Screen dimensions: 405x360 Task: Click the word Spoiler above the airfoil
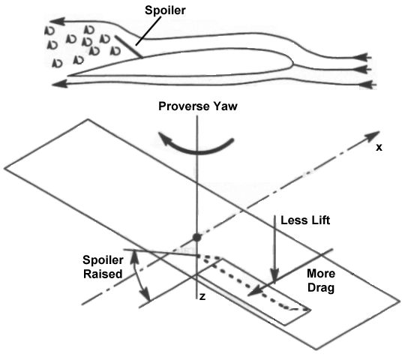coord(165,10)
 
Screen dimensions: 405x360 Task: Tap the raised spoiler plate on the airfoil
coord(129,46)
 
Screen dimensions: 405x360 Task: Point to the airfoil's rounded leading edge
coord(292,62)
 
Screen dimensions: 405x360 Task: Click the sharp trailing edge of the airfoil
coord(69,76)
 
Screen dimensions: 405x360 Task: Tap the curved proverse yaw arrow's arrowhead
coord(165,139)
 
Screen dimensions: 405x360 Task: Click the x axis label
coord(379,148)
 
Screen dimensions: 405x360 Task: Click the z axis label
coord(202,297)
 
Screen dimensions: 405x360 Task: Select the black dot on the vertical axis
coord(197,237)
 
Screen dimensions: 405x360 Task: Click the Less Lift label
coord(305,220)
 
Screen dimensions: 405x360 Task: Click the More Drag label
coord(321,280)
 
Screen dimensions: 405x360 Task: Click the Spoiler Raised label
coord(103,267)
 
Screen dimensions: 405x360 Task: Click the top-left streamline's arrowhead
coord(57,22)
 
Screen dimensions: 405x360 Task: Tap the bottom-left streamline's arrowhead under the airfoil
coord(60,83)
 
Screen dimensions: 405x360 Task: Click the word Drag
coord(321,287)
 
